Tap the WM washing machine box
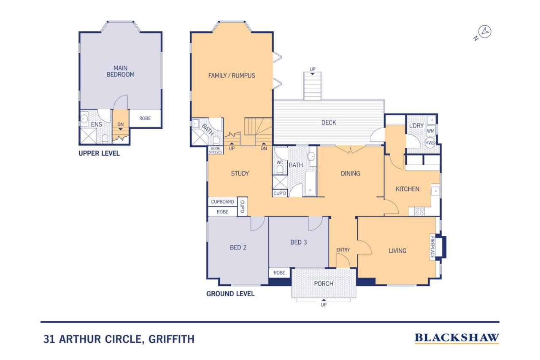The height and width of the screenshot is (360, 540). (x=431, y=131)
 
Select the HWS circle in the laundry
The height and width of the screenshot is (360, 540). (x=430, y=143)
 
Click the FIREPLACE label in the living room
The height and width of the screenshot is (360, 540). (x=432, y=247)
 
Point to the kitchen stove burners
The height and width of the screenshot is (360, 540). (x=419, y=211)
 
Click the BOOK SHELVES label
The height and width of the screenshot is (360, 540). (x=215, y=150)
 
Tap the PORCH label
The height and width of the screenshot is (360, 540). (x=324, y=284)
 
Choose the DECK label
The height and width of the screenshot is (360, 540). (x=329, y=122)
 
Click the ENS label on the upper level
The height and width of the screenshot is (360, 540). (x=97, y=125)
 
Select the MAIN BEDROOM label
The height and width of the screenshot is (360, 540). (x=120, y=71)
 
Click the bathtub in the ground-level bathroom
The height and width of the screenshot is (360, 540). (x=310, y=183)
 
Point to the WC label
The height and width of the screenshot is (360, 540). (x=280, y=162)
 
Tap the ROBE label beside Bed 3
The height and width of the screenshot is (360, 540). (x=279, y=273)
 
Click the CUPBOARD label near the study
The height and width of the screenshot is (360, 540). (x=222, y=202)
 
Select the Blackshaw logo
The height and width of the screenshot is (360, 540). (x=456, y=338)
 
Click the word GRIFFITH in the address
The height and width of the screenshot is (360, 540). (x=171, y=339)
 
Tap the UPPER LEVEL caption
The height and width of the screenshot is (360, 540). (x=99, y=153)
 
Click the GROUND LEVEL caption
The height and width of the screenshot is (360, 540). (x=230, y=294)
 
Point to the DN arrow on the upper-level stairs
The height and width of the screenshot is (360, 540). (x=120, y=129)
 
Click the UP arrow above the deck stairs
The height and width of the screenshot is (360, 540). (x=313, y=74)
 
